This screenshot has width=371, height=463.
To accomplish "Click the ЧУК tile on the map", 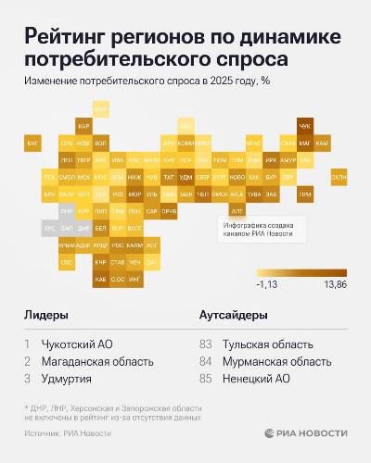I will pos(304,126).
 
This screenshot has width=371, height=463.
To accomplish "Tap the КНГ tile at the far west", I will pos(32,144).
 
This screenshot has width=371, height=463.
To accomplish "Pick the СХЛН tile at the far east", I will pos(339,176).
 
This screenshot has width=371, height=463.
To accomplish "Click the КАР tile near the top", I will pos(83,126).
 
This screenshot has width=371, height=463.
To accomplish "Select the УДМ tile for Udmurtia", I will pos(185,176).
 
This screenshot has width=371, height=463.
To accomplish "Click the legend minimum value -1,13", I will pos(268,284).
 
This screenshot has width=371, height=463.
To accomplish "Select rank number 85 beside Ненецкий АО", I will pos(206,378).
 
